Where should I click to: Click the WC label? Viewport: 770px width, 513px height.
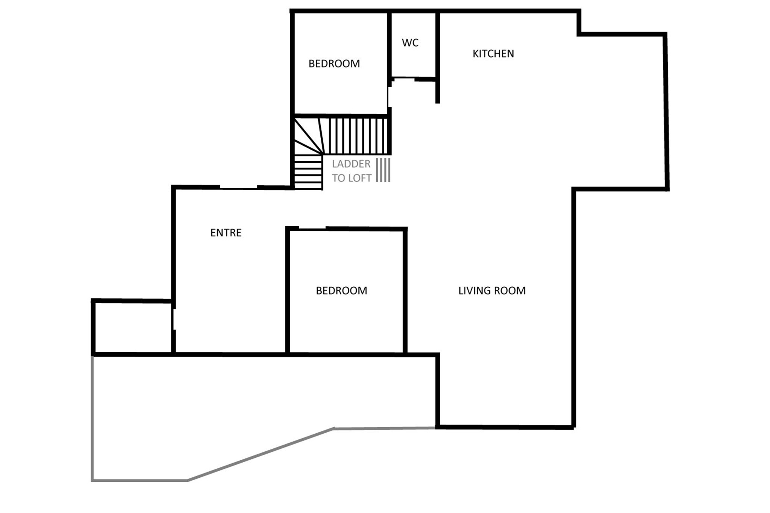[410, 43]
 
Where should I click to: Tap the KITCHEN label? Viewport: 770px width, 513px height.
[493, 54]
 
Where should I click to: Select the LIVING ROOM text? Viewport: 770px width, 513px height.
[492, 291]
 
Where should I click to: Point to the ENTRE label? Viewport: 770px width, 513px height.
[226, 233]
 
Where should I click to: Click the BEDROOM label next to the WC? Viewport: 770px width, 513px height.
[334, 64]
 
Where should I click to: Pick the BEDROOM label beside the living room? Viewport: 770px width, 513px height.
[341, 291]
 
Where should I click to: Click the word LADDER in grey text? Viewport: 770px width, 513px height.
[351, 164]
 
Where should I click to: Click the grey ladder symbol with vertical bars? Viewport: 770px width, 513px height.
[383, 170]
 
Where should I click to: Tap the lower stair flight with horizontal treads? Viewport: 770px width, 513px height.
[308, 172]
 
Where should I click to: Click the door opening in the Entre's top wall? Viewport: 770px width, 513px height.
[238, 187]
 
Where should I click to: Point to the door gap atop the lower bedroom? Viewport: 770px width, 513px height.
[312, 228]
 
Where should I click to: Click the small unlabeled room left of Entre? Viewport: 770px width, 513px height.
[133, 328]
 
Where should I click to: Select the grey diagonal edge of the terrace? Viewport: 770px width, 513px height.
[261, 454]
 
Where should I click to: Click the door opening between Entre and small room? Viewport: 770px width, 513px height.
[174, 319]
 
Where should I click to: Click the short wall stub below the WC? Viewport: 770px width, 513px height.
[438, 91]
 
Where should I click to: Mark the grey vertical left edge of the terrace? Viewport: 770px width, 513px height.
[92, 418]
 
